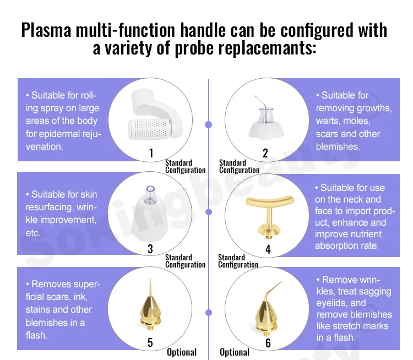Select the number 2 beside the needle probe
(265, 153)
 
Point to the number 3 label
(150, 249)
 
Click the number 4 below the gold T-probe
(268, 249)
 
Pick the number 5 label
(150, 342)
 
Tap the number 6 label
(268, 343)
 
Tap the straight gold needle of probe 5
(150, 287)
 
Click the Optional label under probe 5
(181, 352)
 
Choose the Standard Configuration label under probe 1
(185, 166)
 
